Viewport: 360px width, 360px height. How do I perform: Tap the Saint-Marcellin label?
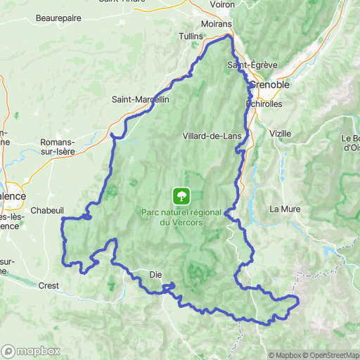141,100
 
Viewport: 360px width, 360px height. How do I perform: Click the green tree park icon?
181,195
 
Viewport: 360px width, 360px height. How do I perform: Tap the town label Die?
157,274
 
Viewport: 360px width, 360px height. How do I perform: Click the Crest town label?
49,285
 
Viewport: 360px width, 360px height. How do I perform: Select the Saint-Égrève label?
252,65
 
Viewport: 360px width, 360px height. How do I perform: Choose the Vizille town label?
280,132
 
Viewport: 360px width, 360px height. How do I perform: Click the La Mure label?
285,209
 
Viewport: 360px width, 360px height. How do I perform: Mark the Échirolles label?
264,103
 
